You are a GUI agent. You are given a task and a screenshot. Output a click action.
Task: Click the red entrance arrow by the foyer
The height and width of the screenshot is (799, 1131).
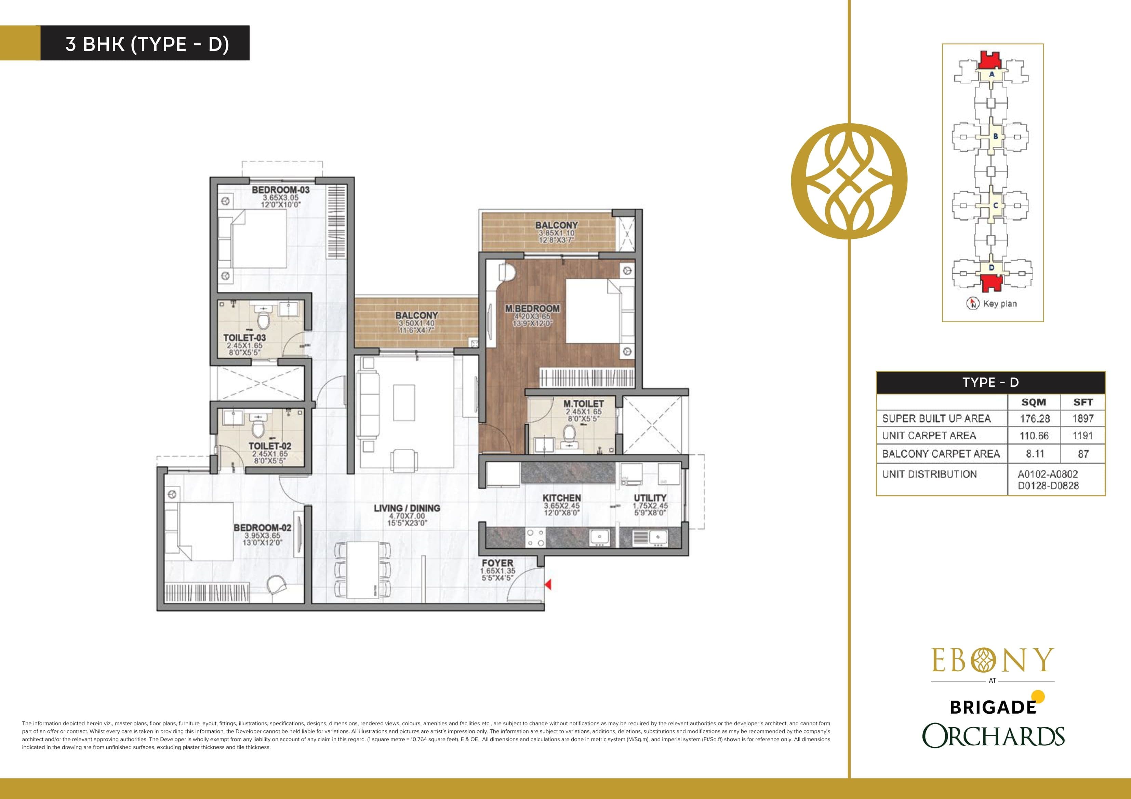click(x=548, y=584)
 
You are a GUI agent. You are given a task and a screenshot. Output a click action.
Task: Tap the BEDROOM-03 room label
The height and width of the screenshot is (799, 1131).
click(x=280, y=190)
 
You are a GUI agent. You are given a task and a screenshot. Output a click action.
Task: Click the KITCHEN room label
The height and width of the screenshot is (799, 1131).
click(x=561, y=498)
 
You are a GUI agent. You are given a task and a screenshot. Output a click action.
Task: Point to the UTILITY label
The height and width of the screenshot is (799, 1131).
click(x=650, y=498)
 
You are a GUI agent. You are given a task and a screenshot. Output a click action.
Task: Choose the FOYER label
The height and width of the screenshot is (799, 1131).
click(x=497, y=563)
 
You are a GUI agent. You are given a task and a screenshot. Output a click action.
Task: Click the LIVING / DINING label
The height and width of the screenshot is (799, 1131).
click(x=407, y=508)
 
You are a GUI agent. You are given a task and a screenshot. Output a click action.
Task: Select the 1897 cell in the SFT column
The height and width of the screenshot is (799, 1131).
click(x=1083, y=418)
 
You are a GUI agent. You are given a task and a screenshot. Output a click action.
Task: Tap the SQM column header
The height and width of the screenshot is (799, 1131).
click(x=1034, y=402)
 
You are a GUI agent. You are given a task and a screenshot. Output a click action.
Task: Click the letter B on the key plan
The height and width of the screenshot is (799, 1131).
click(x=995, y=136)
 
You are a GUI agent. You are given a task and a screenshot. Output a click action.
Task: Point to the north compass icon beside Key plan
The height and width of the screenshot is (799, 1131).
click(x=972, y=304)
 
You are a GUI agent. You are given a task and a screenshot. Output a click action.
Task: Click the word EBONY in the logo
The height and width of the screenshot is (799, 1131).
click(x=992, y=661)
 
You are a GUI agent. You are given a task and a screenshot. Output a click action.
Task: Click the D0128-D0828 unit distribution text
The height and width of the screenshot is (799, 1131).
click(x=1048, y=485)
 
